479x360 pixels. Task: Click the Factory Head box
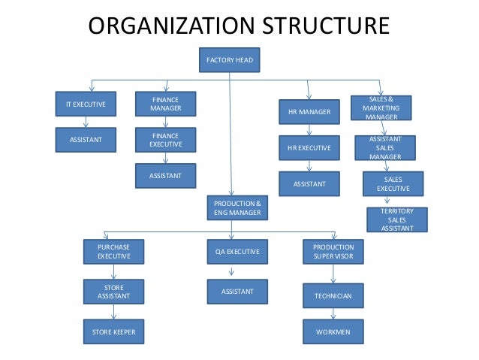(x=230, y=59)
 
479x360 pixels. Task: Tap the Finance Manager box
(x=165, y=104)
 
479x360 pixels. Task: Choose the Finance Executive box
(x=165, y=140)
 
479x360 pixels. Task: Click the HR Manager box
(x=309, y=112)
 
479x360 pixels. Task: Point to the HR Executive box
(x=309, y=148)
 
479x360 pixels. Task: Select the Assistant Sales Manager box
(x=385, y=147)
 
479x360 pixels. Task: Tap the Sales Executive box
(x=393, y=184)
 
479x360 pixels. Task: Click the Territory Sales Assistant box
(x=396, y=219)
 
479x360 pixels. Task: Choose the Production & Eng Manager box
(x=237, y=208)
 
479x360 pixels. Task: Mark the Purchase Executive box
(x=113, y=251)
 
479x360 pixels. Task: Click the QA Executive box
(x=237, y=253)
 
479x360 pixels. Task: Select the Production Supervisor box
(x=333, y=251)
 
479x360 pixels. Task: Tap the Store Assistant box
(x=113, y=291)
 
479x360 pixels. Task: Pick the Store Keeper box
(x=113, y=331)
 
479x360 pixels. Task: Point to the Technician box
(x=333, y=295)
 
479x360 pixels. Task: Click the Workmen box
(x=333, y=331)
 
